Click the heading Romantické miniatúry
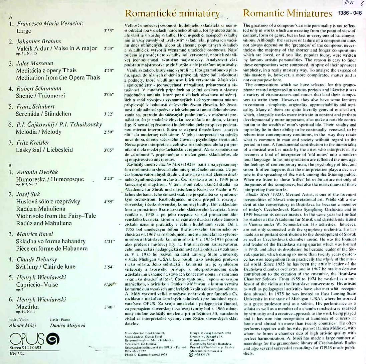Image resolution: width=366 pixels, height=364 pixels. pos(172,14)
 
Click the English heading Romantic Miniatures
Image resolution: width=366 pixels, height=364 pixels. pos(288,14)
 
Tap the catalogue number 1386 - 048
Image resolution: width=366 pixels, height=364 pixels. pos(350,13)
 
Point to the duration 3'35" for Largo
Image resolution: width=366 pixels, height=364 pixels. pos(109,30)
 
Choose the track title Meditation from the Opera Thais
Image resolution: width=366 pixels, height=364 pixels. pos(58,78)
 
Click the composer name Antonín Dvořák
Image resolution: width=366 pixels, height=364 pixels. pos(37,172)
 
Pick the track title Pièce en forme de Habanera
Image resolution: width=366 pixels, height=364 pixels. pos(52,248)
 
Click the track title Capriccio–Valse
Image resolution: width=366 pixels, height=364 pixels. pos(37,284)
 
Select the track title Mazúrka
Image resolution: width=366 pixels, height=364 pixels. pos(27,306)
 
